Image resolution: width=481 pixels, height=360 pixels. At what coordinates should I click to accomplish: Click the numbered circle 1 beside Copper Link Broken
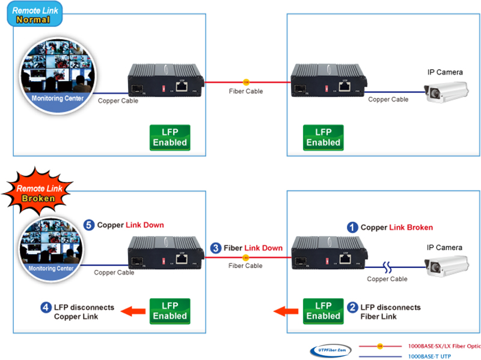click(353, 228)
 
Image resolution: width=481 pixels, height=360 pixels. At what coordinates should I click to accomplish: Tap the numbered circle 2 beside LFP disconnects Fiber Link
click(353, 307)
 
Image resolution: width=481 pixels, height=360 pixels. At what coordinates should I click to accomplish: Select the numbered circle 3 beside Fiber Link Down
click(216, 248)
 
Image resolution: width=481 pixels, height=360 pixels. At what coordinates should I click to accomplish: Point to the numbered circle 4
click(46, 307)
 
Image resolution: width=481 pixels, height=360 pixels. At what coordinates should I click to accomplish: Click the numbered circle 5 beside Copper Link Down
click(89, 225)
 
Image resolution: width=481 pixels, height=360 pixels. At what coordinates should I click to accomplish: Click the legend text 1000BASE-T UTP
click(430, 356)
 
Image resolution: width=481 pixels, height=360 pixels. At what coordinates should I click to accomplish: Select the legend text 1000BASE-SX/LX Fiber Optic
click(444, 346)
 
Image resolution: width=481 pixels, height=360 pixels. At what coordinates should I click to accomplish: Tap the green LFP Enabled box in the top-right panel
click(323, 138)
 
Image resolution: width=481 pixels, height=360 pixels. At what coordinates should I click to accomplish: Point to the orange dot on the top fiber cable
click(245, 82)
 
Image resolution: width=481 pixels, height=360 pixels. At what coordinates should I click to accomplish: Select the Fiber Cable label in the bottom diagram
click(246, 266)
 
